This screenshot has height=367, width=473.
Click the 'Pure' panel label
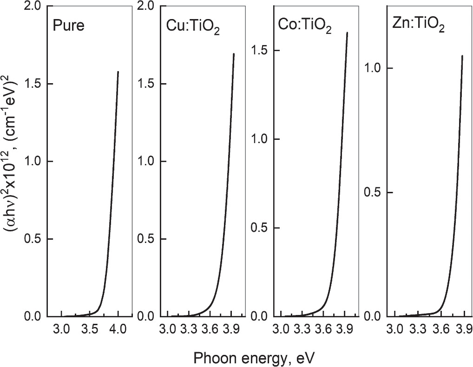point(69,25)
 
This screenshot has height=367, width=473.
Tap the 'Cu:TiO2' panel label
point(193,28)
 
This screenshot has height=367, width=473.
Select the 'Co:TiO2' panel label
point(304,27)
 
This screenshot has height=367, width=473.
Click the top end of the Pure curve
point(118,72)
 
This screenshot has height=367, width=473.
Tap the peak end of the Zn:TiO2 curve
point(462,56)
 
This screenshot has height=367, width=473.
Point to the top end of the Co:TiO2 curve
point(347,33)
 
